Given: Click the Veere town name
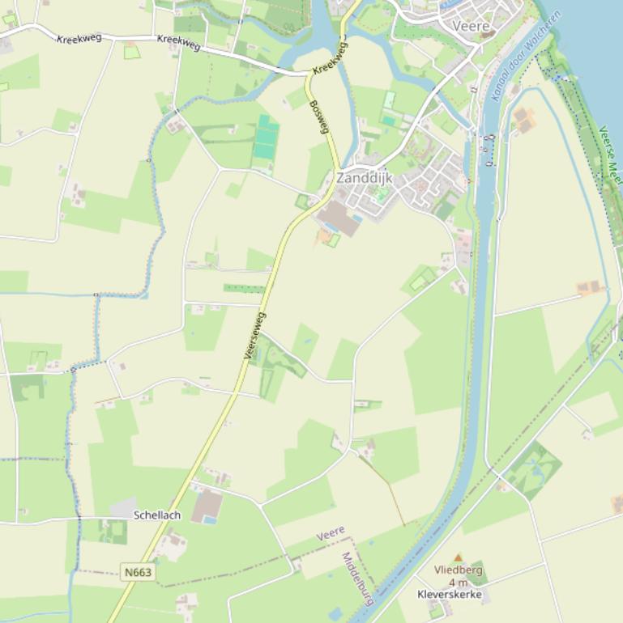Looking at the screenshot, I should click(472, 26).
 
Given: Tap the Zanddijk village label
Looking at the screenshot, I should click(364, 177).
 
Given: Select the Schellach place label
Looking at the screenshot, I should click(157, 515).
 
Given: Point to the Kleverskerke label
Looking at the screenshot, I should click(450, 595).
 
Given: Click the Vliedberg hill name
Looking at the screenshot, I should click(458, 570).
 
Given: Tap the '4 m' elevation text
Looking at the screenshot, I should click(458, 583).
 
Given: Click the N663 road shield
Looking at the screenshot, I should click(138, 572).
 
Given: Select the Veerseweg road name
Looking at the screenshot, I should click(254, 335).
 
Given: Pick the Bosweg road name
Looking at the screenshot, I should click(320, 117).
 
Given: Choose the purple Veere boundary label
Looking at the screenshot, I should click(331, 534).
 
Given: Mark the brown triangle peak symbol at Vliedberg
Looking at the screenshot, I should click(458, 558).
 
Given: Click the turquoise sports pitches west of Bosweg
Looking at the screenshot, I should click(266, 138).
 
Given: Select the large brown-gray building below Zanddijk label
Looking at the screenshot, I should click(339, 218).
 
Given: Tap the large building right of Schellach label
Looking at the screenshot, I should click(207, 505).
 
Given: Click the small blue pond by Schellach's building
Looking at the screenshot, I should click(210, 520).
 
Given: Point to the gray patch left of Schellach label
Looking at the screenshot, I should click(123, 508).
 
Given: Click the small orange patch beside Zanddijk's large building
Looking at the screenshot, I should click(324, 236).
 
